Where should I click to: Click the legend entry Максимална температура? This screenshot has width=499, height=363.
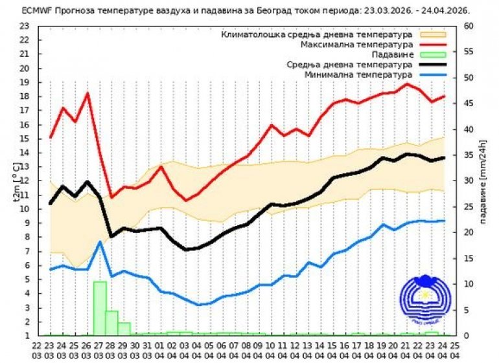click(356, 45)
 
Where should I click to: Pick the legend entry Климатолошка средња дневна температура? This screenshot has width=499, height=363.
click(317, 34)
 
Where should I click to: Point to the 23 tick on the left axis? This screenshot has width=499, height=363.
click(25, 26)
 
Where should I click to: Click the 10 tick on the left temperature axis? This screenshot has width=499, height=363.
click(25, 209)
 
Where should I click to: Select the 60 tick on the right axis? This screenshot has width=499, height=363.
click(469, 26)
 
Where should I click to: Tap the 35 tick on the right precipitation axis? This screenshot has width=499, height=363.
click(469, 155)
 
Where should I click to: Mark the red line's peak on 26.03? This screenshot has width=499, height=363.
click(87, 94)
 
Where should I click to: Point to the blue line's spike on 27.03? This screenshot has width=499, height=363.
click(100, 242)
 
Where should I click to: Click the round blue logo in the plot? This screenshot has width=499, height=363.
click(424, 301)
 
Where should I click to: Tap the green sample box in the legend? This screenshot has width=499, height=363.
click(434, 55)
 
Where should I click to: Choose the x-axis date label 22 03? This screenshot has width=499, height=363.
click(38, 350)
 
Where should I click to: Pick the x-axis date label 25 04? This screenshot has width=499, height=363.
click(455, 350)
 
